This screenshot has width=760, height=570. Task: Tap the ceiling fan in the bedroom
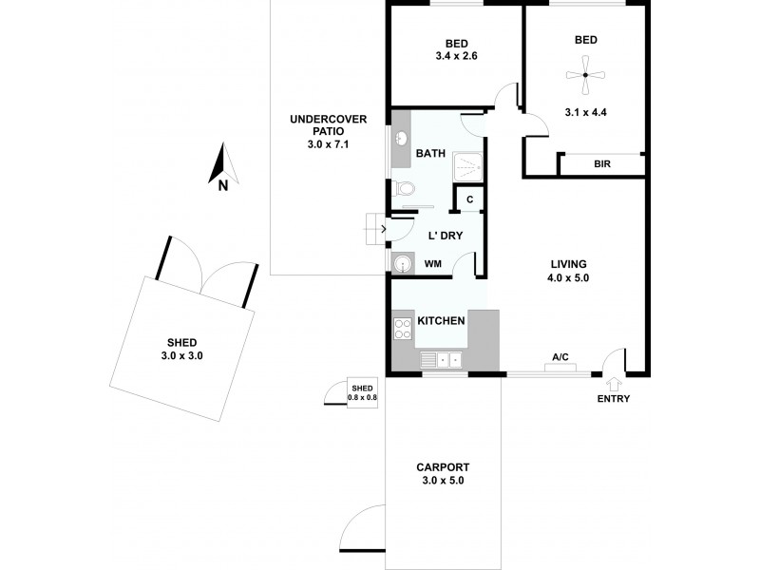click(x=586, y=75)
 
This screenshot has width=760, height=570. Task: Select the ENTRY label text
click(x=614, y=399)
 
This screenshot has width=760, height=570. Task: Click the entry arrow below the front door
click(x=614, y=383)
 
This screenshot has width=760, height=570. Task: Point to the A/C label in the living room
click(x=560, y=358)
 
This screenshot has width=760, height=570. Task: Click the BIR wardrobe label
click(x=601, y=164)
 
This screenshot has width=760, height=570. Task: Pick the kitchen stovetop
click(x=401, y=329)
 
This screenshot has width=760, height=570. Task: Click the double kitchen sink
click(x=443, y=360)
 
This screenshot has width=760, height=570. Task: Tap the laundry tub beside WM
click(x=401, y=263)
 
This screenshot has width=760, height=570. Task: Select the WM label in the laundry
click(x=433, y=263)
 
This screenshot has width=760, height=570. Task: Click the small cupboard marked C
click(x=469, y=199)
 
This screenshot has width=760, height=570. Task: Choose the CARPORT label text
click(x=443, y=466)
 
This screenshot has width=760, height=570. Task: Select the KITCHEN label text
click(x=442, y=321)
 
